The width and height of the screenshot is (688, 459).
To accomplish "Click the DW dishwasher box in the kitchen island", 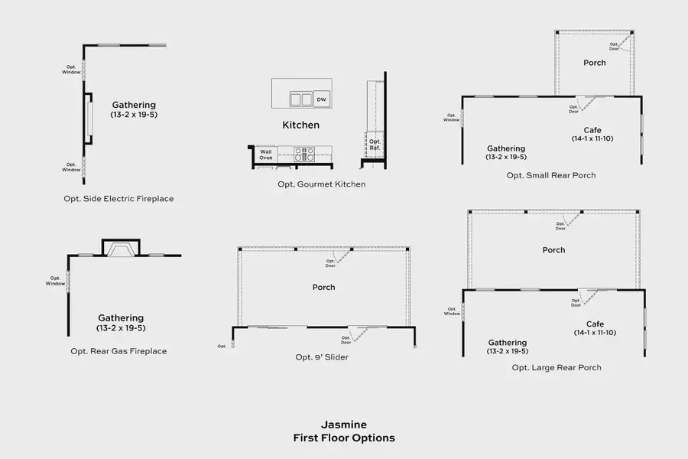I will [x=322, y=99].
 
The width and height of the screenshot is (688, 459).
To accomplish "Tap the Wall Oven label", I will [x=265, y=155].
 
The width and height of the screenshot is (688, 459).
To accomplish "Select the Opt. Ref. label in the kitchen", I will [x=375, y=145].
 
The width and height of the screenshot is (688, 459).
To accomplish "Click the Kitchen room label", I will [x=301, y=125].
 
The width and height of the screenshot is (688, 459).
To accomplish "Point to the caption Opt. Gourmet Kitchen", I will [x=321, y=184].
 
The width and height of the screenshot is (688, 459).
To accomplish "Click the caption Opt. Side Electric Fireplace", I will [x=118, y=199].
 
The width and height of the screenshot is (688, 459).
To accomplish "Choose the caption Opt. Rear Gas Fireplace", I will [x=118, y=352].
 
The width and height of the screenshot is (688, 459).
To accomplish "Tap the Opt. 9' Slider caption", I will [x=322, y=357].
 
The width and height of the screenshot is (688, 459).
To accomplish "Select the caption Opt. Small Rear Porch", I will [x=551, y=176].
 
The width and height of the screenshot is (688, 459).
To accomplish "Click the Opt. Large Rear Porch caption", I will [x=557, y=368].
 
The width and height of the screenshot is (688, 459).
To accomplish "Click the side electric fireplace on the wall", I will [x=89, y=119].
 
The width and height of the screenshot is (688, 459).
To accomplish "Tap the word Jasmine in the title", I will [x=344, y=425].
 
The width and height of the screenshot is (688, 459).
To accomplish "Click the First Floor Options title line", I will [x=344, y=438].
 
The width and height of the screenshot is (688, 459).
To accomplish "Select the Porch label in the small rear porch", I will [x=595, y=63].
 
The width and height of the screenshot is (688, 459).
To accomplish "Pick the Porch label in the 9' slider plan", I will [x=323, y=288].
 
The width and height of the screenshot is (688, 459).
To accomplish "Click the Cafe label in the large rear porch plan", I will [x=595, y=324].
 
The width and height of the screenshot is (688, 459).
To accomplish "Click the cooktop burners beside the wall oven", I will [x=303, y=155].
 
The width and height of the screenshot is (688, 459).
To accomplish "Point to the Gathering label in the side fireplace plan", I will [x=134, y=105].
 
